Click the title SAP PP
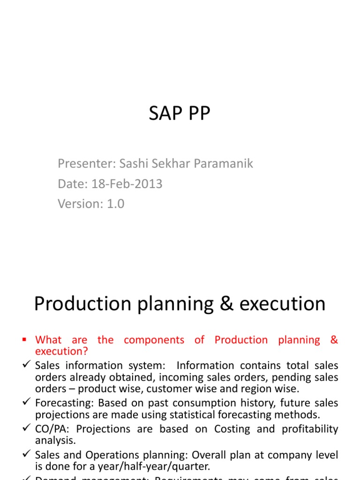pos(180,114)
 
